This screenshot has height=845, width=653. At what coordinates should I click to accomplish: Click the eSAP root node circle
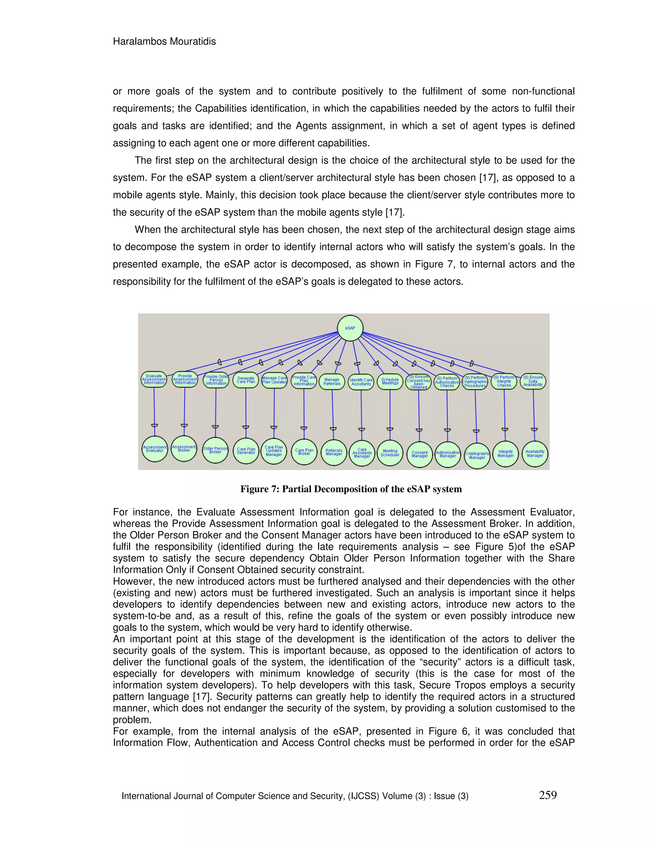pos(350,328)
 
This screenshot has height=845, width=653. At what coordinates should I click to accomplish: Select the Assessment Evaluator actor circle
pos(155,449)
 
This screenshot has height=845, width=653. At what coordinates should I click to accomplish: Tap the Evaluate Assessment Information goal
pos(154,379)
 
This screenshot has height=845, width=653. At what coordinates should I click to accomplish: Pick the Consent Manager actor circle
pos(419,454)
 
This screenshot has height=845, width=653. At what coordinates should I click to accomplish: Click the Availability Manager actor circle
pos(535,453)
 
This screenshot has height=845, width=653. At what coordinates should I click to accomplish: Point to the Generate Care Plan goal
pos(246,380)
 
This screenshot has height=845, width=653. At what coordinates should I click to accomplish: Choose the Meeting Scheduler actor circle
pos(390,453)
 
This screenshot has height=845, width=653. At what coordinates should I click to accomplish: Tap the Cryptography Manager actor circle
pos(477,455)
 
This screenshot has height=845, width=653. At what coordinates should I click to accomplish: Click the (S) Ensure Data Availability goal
pos(533,381)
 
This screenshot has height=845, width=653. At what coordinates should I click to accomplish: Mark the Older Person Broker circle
pos(216,450)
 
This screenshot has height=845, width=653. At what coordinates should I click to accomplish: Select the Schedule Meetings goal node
pos(390,381)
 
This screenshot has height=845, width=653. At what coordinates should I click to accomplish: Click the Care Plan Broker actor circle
pos(304,452)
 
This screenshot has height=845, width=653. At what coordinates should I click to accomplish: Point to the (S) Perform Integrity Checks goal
pos(504,381)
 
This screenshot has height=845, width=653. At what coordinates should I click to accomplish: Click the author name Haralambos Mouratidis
pos(165,41)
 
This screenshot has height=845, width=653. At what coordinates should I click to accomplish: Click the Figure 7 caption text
pos(351,489)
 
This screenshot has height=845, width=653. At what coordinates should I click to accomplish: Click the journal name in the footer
pos(295,796)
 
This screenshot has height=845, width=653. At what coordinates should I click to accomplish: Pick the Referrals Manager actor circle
pos(334,452)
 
